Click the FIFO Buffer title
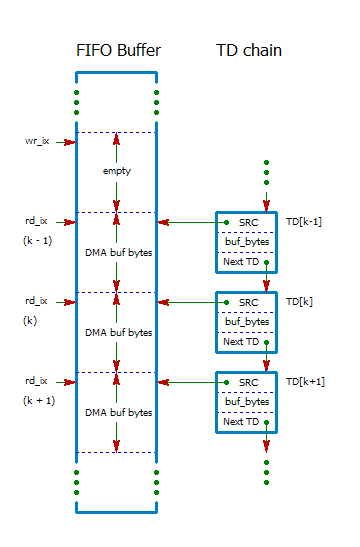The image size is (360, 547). point(117,50)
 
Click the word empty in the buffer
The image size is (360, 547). point(116,171)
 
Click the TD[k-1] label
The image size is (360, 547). point(304,221)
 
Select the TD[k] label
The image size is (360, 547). point(300,301)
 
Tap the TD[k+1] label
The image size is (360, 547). point(304,381)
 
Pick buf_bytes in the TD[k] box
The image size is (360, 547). point(246,322)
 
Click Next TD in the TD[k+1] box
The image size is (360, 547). point(241,422)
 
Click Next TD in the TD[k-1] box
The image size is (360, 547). point(241,262)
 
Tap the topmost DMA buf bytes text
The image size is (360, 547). point(117,252)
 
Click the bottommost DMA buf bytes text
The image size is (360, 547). point(117,412)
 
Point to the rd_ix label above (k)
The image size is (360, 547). point(36,301)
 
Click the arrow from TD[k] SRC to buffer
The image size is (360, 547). point(190,302)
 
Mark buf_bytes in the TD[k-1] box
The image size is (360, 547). point(246,242)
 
